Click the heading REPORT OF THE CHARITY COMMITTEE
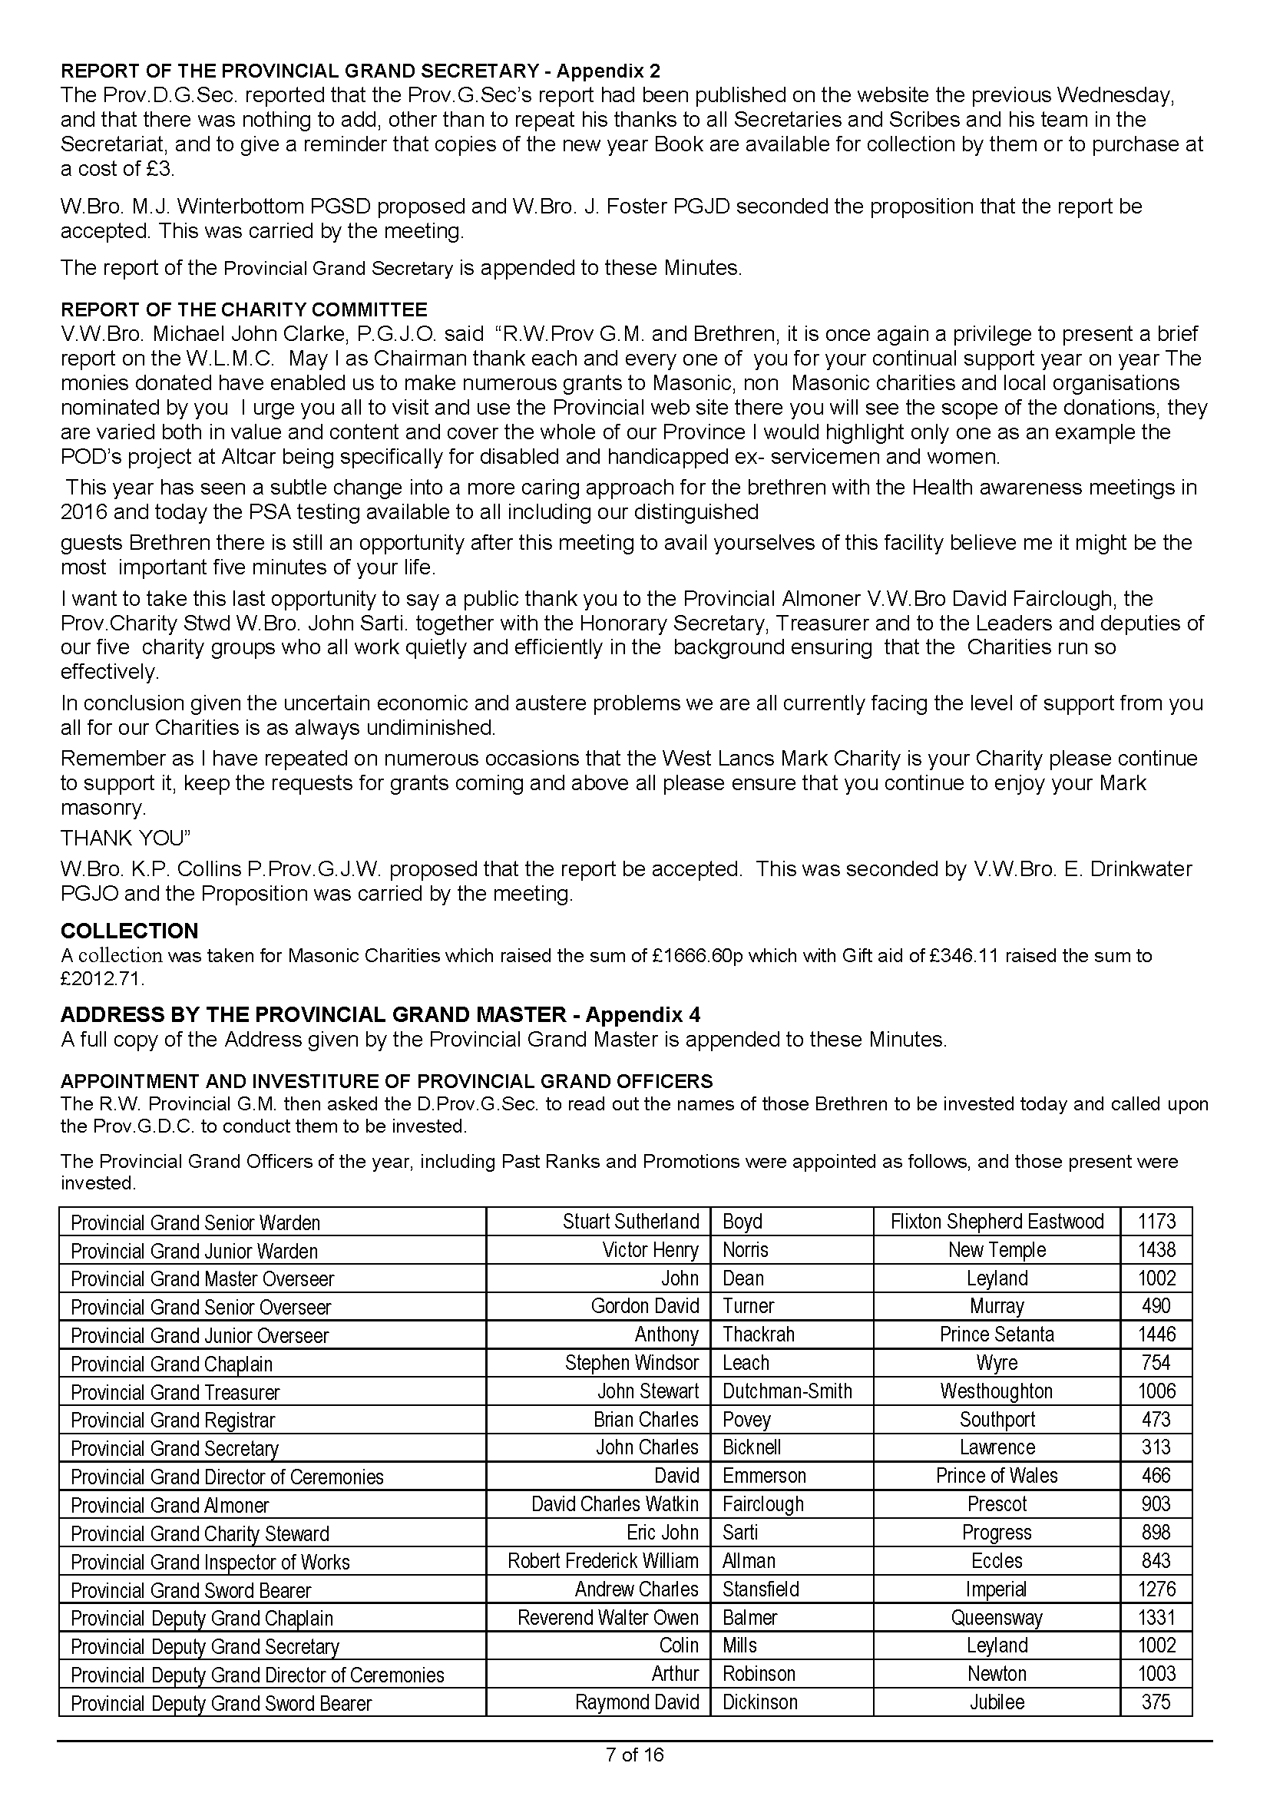pyautogui.click(x=244, y=309)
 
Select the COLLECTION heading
pyautogui.click(x=129, y=931)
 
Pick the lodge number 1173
pyautogui.click(x=1156, y=1222)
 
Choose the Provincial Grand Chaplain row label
pyautogui.click(x=171, y=1364)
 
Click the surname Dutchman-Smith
pyautogui.click(x=787, y=1391)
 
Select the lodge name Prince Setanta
pyautogui.click(x=997, y=1335)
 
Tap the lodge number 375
pyautogui.click(x=1156, y=1702)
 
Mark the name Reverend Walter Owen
pyautogui.click(x=607, y=1618)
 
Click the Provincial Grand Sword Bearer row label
pyautogui.click(x=191, y=1590)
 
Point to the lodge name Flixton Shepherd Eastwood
pyautogui.click(x=997, y=1222)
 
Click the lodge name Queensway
pyautogui.click(x=997, y=1618)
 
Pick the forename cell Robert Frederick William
pyautogui.click(x=602, y=1561)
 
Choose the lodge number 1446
pyautogui.click(x=1156, y=1335)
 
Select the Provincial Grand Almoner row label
pyautogui.click(x=170, y=1506)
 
